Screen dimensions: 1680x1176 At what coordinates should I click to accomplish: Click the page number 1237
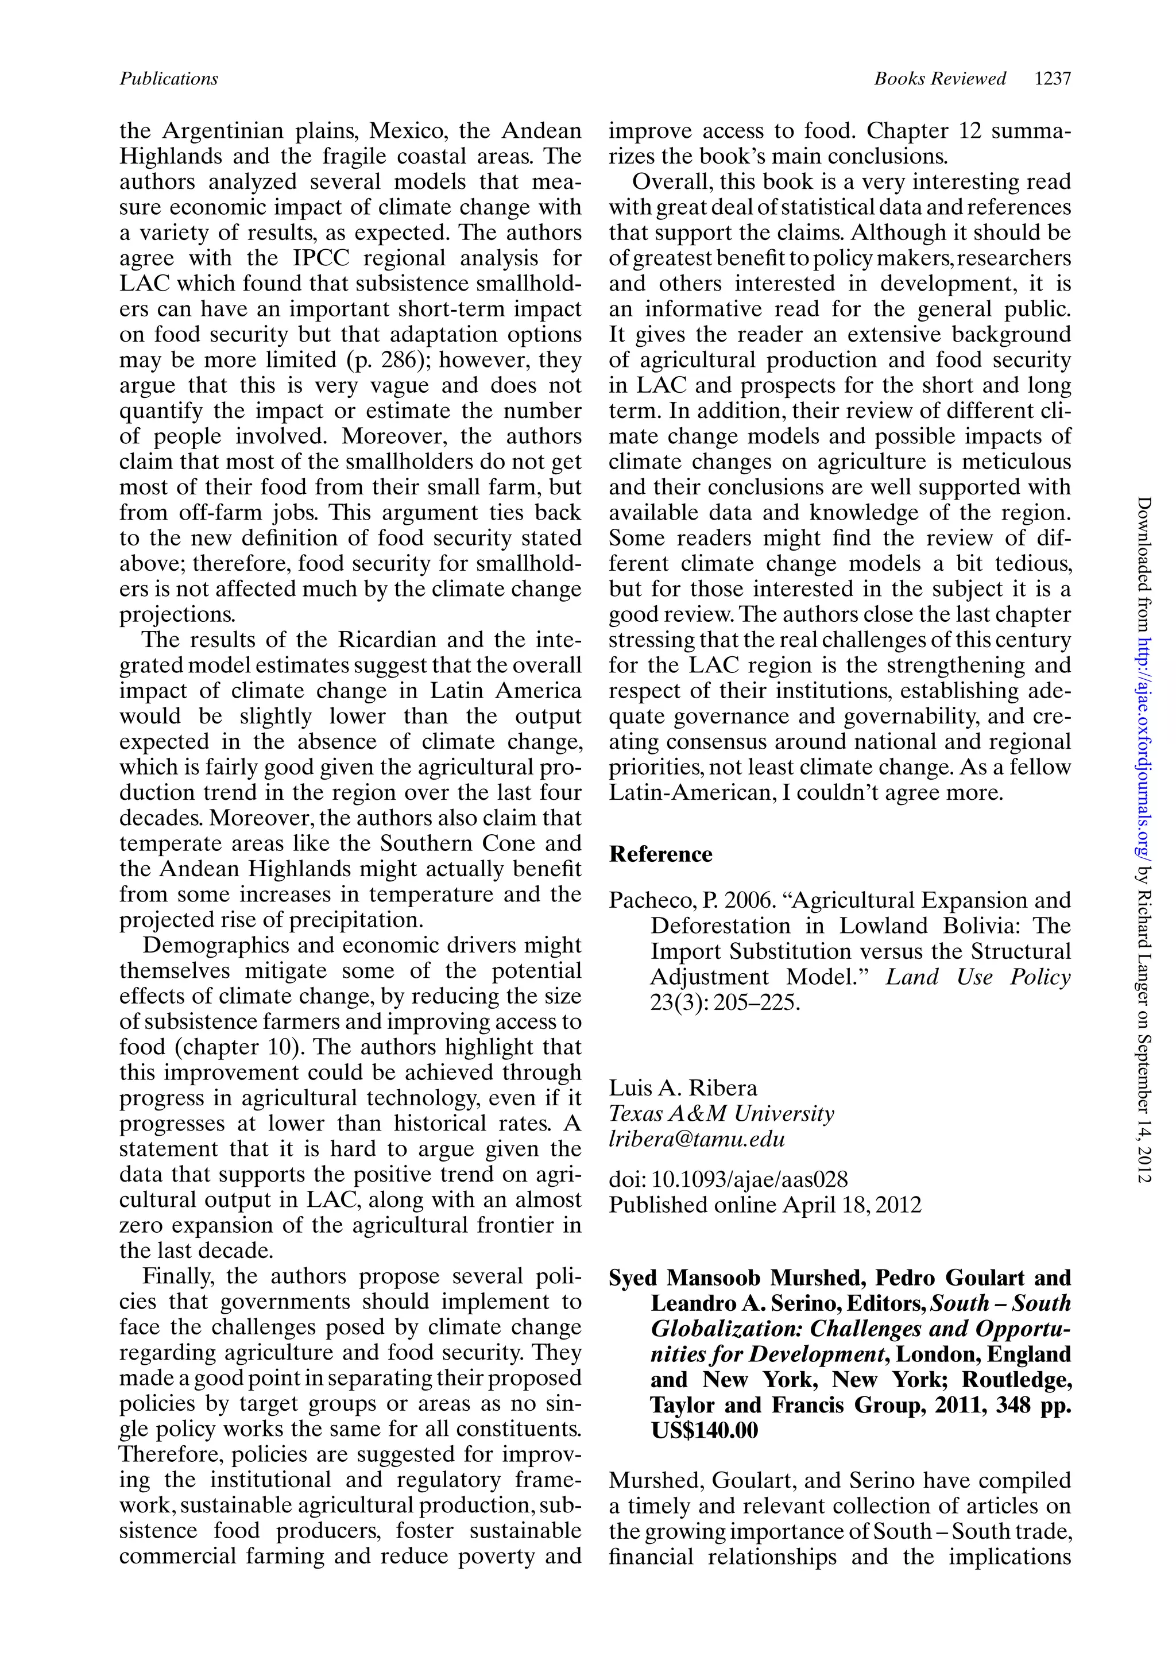1053,78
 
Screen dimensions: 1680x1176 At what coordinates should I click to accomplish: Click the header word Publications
168,78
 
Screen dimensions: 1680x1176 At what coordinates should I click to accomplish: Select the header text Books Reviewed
939,78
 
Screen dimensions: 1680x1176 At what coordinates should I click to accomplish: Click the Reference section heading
660,854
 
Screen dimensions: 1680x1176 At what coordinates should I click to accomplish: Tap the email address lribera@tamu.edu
697,1139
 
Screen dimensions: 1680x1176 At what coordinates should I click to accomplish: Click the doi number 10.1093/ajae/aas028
749,1179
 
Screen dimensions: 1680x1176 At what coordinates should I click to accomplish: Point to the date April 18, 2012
852,1205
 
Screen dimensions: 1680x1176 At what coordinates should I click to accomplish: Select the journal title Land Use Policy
978,977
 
